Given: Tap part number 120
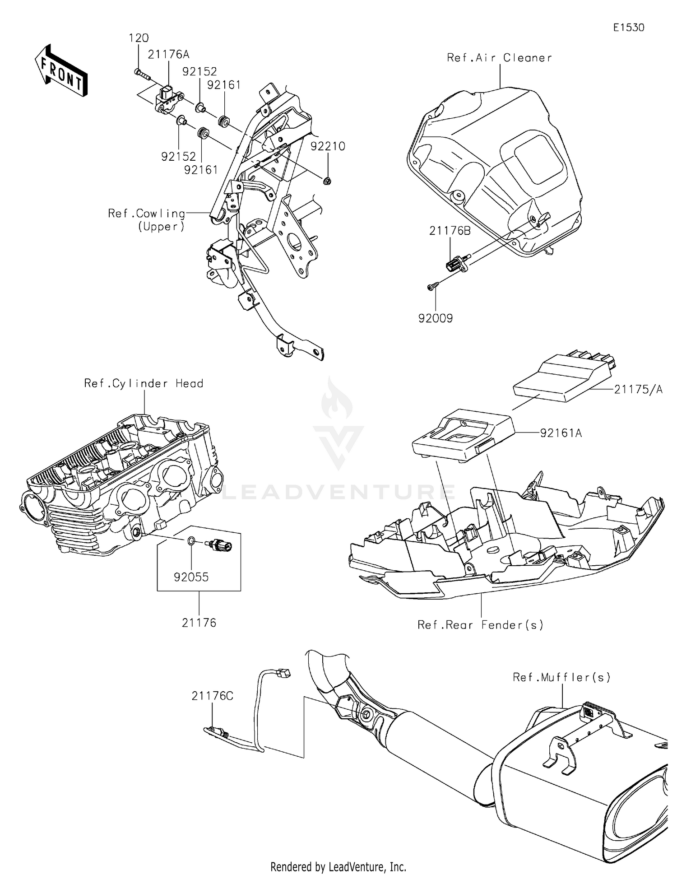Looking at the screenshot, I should (x=139, y=38).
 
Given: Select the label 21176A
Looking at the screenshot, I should (x=168, y=55).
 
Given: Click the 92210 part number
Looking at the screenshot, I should (x=328, y=146).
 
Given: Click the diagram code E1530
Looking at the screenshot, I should (x=628, y=28).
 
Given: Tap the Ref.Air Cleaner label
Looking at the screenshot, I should (x=499, y=58).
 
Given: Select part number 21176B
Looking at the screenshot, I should (x=450, y=231).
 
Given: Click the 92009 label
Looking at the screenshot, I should (x=435, y=318).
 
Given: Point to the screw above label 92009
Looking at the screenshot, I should (x=433, y=286).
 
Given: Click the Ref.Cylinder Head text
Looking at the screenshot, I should (x=144, y=383).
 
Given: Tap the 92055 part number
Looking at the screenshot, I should (x=191, y=577).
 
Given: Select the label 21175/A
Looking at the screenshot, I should (x=638, y=389).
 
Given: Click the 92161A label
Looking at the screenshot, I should (x=561, y=433).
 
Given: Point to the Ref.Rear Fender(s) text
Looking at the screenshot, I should (x=480, y=625).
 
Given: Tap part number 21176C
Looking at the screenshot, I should (x=212, y=696).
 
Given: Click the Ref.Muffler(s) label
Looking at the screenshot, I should (x=561, y=677).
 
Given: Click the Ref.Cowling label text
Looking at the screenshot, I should (x=147, y=214).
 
